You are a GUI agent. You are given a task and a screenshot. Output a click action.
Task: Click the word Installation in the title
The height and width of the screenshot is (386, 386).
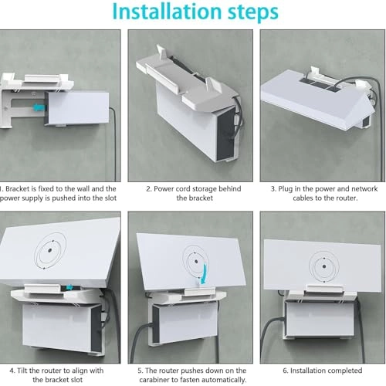pyautogui.click(x=151, y=12)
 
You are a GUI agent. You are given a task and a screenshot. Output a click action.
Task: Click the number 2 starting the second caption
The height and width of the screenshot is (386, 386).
pyautogui.click(x=148, y=187)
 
